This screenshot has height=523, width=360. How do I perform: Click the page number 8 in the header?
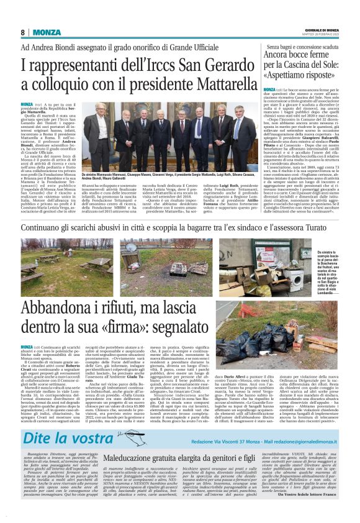pos(22,32)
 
